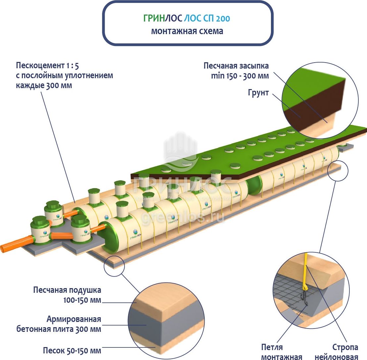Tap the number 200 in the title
(x=222, y=19)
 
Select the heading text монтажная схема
(x=187, y=31)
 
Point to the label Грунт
(x=258, y=92)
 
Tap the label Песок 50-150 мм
(x=72, y=350)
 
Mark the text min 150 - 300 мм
(x=240, y=76)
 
